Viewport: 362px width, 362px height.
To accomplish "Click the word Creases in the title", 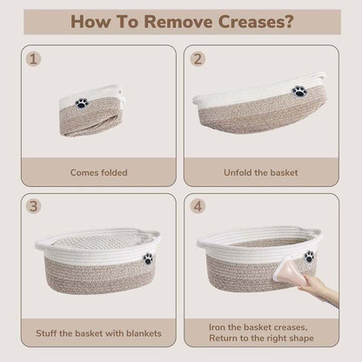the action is [x=255, y=22].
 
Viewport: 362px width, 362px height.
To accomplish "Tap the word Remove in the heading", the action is [x=178, y=22].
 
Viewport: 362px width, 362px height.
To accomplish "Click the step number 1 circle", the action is [x=33, y=59].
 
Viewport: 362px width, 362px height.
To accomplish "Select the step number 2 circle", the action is [x=198, y=59].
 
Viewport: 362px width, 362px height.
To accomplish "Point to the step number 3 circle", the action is [x=33, y=206].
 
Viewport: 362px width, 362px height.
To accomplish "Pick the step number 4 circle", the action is [x=198, y=206].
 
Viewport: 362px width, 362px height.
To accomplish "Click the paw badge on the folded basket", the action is [x=82, y=104].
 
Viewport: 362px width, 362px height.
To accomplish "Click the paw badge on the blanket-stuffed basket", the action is [x=148, y=258].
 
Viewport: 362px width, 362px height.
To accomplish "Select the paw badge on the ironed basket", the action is [x=310, y=257].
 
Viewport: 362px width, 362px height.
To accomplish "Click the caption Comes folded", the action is [x=98, y=172].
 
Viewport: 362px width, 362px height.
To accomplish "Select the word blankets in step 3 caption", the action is [x=144, y=333].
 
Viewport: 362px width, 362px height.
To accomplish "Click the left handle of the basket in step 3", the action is [x=44, y=243].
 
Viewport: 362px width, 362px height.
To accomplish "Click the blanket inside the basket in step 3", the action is [x=97, y=241].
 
